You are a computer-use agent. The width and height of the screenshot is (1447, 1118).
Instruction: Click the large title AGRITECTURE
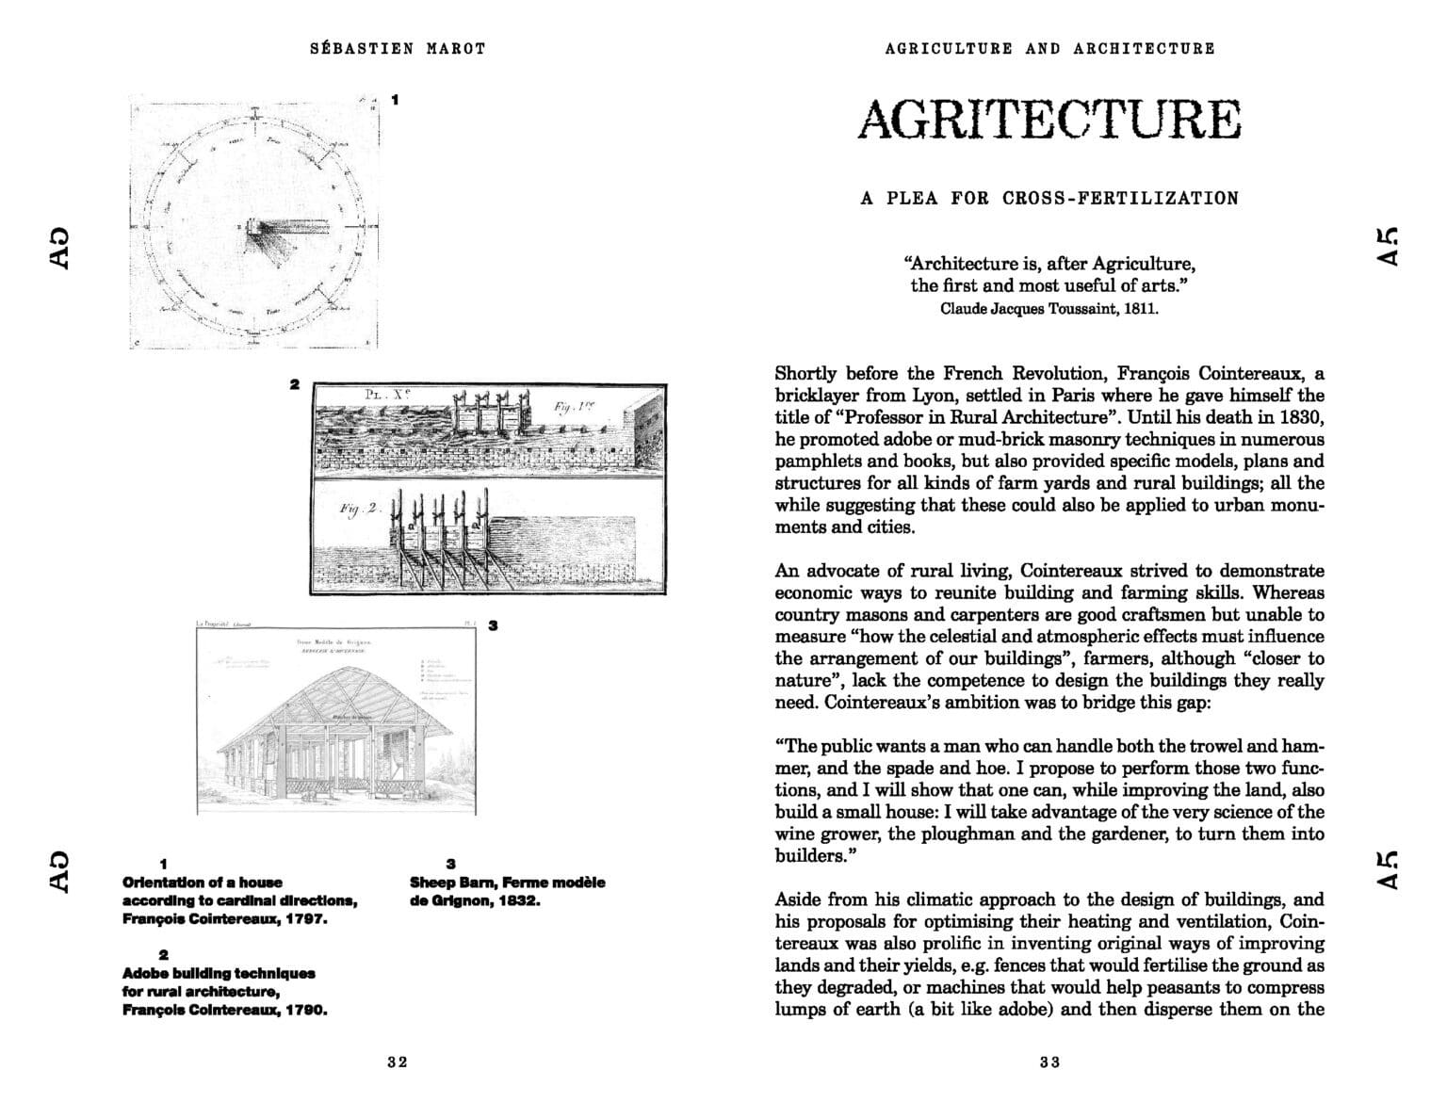pos(1049,120)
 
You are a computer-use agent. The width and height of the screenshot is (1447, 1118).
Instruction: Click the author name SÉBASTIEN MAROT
pos(398,48)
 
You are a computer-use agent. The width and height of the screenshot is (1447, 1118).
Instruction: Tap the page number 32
pos(398,1062)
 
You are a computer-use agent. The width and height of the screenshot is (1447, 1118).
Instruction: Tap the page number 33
pos(1050,1062)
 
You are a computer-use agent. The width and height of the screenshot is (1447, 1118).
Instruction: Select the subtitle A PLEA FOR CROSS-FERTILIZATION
pos(1049,199)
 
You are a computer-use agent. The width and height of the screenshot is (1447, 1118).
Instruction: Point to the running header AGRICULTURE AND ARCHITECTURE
pos(1049,48)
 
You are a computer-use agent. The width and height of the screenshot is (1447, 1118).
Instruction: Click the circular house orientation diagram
pos(253,224)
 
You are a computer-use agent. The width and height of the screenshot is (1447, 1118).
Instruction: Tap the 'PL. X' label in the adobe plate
pos(386,396)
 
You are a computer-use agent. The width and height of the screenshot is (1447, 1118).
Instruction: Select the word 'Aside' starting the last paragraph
pos(800,899)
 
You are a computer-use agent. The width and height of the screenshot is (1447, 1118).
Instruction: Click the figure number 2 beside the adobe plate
pos(295,384)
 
